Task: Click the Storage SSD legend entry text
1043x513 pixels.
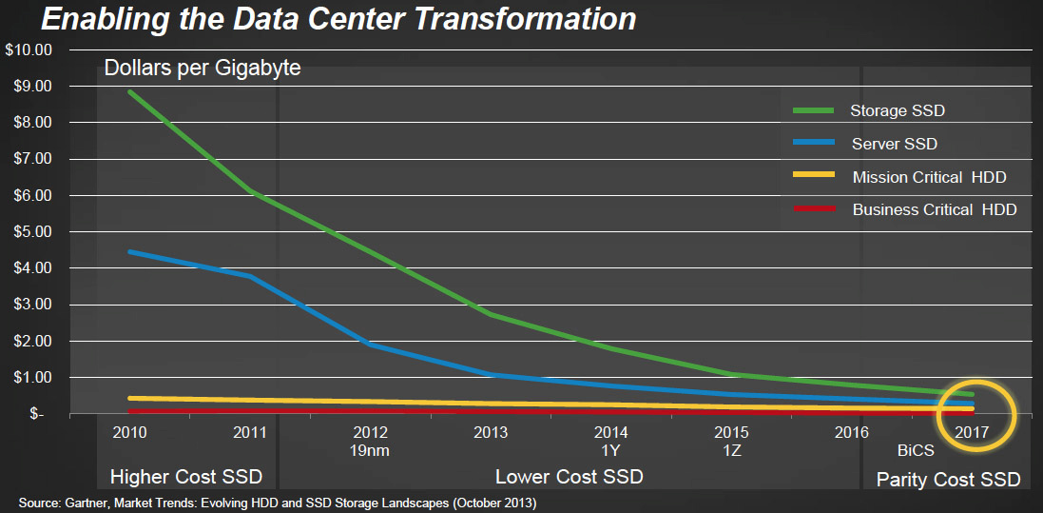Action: [898, 110]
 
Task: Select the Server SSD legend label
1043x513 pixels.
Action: [894, 143]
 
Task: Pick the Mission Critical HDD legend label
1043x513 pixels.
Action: [929, 177]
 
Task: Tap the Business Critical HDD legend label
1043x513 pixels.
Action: [935, 209]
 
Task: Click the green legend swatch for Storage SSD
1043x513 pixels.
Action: [814, 110]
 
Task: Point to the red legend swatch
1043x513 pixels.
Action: [814, 208]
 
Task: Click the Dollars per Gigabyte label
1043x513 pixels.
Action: [203, 69]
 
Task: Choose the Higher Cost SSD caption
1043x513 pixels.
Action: [186, 477]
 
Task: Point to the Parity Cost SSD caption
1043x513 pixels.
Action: [948, 479]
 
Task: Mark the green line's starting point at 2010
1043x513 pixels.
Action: [128, 91]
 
